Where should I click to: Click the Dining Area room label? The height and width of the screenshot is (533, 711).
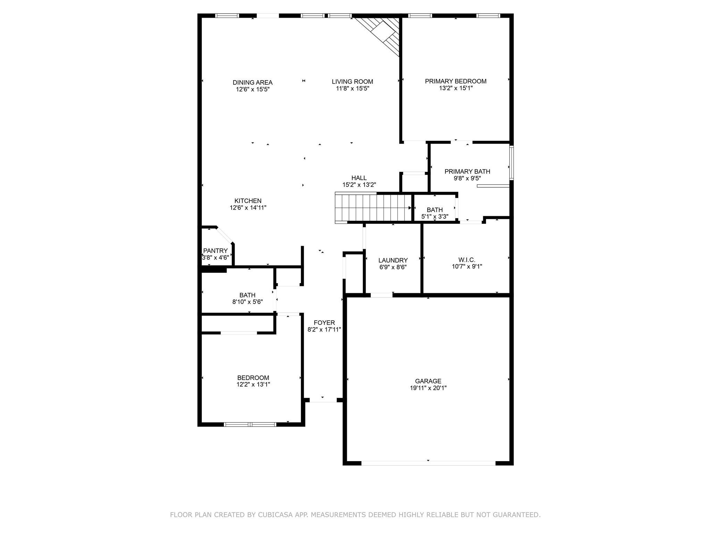click(x=252, y=83)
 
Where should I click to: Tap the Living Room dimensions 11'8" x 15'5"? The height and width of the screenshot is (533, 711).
click(x=352, y=88)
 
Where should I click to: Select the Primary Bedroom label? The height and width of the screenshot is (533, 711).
click(x=455, y=81)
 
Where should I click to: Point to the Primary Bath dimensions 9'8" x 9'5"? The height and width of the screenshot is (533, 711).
click(x=467, y=178)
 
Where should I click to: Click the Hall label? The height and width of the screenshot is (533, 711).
click(x=359, y=178)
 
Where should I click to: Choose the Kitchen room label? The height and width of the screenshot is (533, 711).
click(x=248, y=201)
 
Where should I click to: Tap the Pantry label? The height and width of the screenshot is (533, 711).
click(x=216, y=251)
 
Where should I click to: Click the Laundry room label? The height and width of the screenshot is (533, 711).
click(x=393, y=260)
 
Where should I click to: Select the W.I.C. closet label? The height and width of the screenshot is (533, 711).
click(x=467, y=260)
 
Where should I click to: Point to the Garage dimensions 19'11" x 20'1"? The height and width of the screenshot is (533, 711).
click(x=428, y=388)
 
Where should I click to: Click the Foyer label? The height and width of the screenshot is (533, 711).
click(x=324, y=323)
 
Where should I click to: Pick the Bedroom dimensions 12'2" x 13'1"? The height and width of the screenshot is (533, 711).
click(x=253, y=384)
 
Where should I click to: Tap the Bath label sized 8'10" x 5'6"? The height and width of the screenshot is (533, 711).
click(x=247, y=295)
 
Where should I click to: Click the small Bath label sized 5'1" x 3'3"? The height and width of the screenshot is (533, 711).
click(x=435, y=210)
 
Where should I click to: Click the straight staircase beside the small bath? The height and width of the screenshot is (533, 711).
click(x=373, y=208)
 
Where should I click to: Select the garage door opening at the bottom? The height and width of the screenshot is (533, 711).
click(x=428, y=463)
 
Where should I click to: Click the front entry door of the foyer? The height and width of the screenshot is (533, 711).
click(x=323, y=400)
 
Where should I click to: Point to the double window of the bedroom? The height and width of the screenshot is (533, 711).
click(x=250, y=424)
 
